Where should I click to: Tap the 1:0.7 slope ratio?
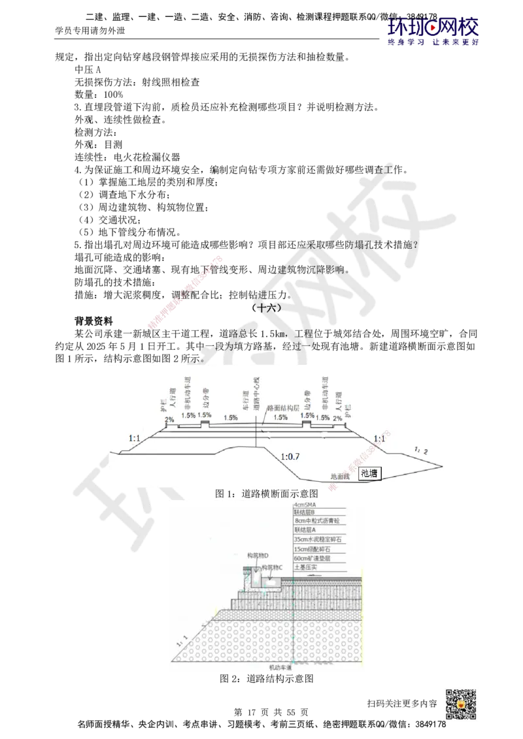289,456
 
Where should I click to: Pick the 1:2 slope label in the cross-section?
421,450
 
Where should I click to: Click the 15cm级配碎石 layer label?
315,550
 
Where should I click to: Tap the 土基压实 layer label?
309,568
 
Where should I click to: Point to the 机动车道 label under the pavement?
280,668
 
